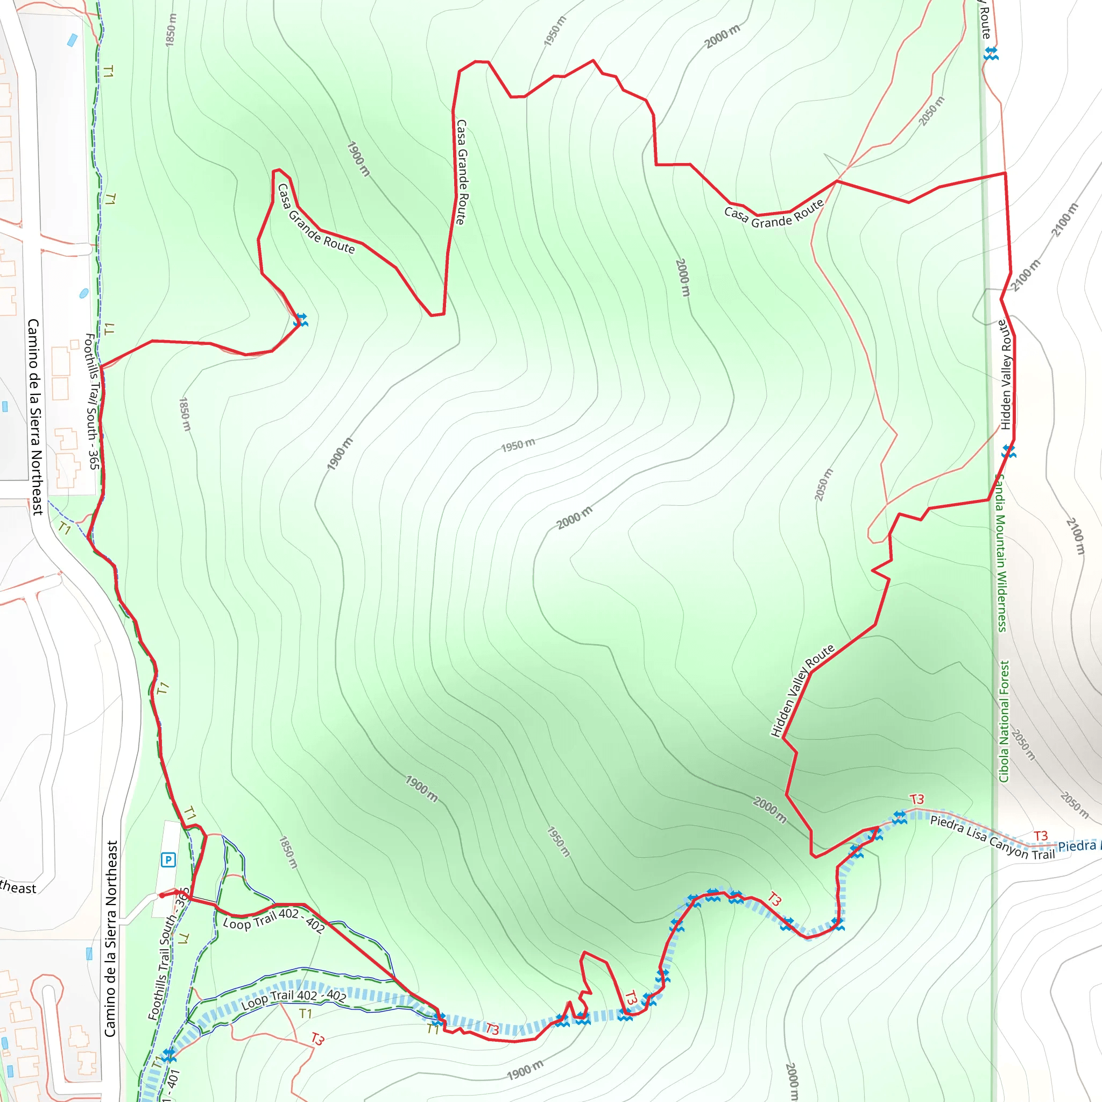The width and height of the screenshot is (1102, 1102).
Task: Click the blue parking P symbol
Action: point(168,859)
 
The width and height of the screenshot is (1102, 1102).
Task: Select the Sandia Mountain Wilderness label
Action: point(1001,553)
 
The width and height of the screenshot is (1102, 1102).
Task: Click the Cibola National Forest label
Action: point(1005,721)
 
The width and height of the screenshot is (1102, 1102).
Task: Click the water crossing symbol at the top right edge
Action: point(991,54)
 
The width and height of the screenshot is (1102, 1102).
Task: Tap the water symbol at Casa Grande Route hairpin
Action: point(301,321)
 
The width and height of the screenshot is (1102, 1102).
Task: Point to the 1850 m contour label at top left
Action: point(171,30)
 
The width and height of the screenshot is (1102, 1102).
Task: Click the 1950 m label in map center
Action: point(518,444)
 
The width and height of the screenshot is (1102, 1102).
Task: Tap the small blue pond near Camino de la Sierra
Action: point(84,293)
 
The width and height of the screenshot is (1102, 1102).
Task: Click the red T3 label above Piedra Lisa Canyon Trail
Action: point(916,799)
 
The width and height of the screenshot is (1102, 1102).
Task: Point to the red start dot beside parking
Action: point(162,895)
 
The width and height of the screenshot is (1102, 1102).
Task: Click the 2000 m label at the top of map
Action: point(722,37)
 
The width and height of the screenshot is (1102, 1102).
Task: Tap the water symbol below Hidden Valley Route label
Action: point(1008,452)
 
